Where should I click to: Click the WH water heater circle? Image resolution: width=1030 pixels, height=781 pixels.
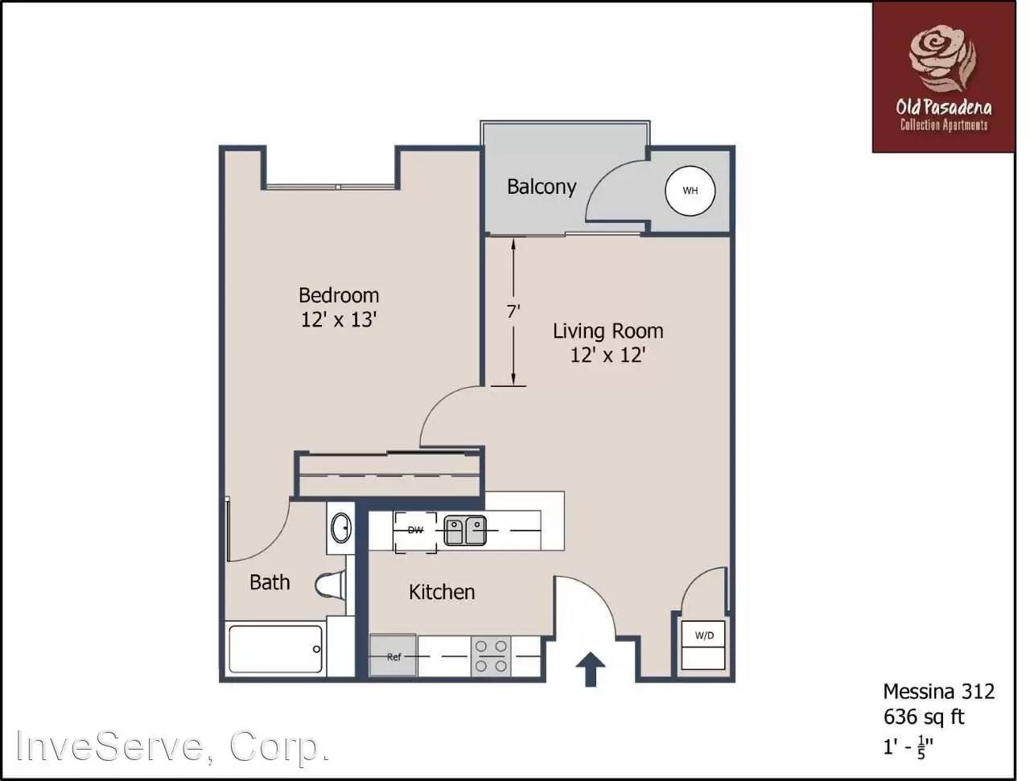690,191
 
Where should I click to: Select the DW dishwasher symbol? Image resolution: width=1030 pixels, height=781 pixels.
415,531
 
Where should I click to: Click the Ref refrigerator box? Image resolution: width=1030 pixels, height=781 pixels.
393,656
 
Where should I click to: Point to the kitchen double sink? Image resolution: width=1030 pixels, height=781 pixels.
465,531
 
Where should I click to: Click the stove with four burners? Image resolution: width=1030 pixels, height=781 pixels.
491,656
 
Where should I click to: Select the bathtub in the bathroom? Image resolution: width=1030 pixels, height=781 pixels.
276,649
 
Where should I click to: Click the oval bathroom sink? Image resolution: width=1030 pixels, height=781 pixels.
341,528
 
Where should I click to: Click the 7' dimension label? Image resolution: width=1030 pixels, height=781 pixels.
514,311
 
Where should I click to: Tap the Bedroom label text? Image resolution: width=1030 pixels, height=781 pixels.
339,295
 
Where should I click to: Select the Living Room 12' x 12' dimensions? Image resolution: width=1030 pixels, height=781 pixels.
608,355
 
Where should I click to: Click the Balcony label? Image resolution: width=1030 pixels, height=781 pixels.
542,187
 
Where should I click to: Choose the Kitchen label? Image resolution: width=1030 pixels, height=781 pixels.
442,592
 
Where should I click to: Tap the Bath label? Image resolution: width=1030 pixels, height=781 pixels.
270,582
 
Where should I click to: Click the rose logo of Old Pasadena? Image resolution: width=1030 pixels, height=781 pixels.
942,56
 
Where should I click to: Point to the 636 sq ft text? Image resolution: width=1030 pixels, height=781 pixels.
924,716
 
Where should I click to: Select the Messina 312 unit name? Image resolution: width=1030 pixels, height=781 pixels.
938,691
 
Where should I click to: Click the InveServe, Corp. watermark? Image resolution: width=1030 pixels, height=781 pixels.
174,746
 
